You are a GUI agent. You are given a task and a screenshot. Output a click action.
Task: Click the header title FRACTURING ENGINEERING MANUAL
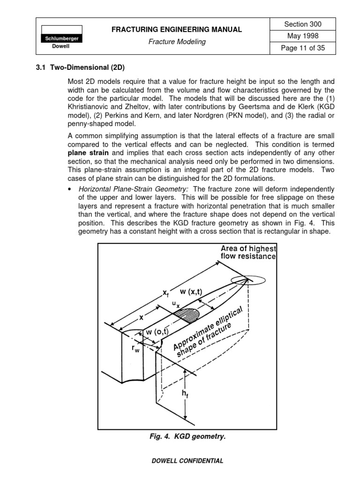[176, 30]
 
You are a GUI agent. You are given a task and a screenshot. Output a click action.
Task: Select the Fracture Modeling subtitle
[177, 42]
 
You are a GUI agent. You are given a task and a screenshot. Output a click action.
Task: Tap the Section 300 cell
[303, 24]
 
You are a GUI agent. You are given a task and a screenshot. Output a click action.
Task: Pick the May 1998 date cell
[303, 36]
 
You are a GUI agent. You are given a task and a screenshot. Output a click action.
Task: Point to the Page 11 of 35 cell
[303, 48]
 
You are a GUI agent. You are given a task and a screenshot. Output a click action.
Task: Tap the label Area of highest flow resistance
[248, 253]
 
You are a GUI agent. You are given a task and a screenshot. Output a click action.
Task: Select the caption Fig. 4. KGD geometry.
[187, 436]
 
